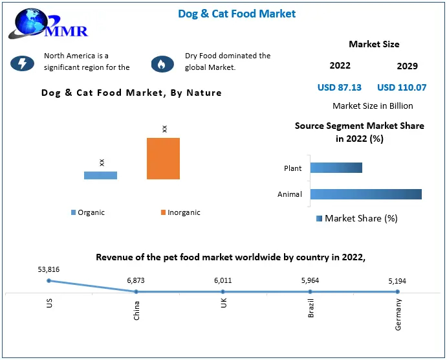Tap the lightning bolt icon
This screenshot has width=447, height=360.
pyautogui.click(x=22, y=63)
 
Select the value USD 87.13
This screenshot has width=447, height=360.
pyautogui.click(x=340, y=87)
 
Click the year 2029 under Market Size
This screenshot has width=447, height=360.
pyautogui.click(x=408, y=66)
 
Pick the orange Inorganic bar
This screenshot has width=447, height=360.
pyautogui.click(x=163, y=158)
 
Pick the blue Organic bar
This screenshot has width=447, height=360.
pyautogui.click(x=100, y=175)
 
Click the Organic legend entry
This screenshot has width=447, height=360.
pyautogui.click(x=88, y=212)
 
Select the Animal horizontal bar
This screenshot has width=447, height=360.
pyautogui.click(x=365, y=194)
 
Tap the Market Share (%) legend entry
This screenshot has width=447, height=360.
pyautogui.click(x=357, y=218)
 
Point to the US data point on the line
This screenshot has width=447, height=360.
pyautogui.click(x=49, y=280)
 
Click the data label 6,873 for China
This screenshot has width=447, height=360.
pyautogui.click(x=136, y=280)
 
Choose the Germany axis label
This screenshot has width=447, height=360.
pyautogui.click(x=398, y=314)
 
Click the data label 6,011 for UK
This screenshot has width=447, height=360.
pyautogui.click(x=223, y=280)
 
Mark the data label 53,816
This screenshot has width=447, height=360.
pyautogui.click(x=49, y=269)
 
